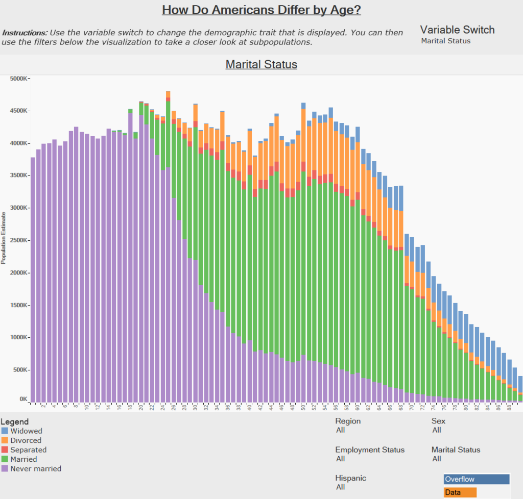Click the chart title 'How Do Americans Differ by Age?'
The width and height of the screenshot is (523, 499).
261,10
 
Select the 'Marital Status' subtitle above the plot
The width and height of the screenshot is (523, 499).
261,64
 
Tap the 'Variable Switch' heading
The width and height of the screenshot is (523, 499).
457,30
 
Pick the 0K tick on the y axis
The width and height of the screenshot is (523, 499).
23,399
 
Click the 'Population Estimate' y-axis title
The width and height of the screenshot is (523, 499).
4,239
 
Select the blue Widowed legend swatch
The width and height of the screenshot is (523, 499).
5,431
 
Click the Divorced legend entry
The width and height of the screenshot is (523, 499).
26,440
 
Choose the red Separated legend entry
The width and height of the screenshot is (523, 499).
28,450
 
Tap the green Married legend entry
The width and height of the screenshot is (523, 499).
23,459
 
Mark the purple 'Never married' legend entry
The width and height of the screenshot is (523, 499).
35,468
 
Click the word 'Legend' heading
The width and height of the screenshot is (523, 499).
15,422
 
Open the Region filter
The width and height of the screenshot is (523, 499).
348,421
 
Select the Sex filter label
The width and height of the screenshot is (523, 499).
438,421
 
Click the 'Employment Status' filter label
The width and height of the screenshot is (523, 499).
370,450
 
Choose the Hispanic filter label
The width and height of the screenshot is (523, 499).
350,478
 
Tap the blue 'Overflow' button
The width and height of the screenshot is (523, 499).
477,479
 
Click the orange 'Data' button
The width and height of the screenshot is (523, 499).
460,492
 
